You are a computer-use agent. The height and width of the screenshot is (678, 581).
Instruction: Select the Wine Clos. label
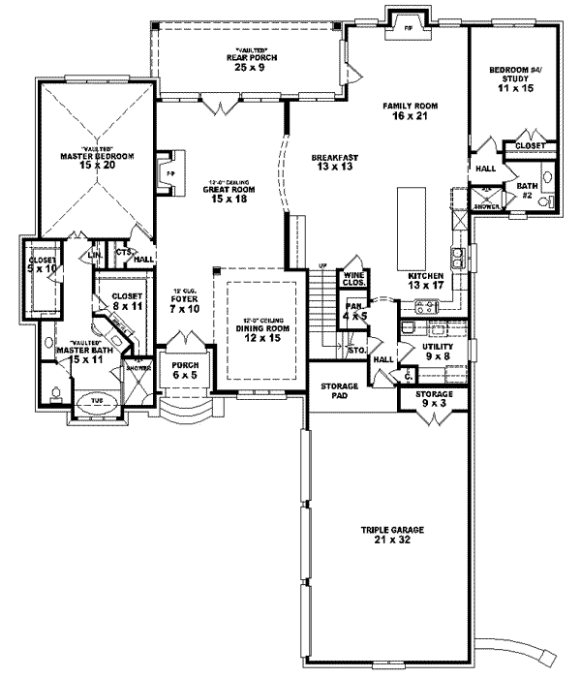point(351,281)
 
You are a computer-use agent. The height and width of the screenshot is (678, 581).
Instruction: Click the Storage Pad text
point(339,391)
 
